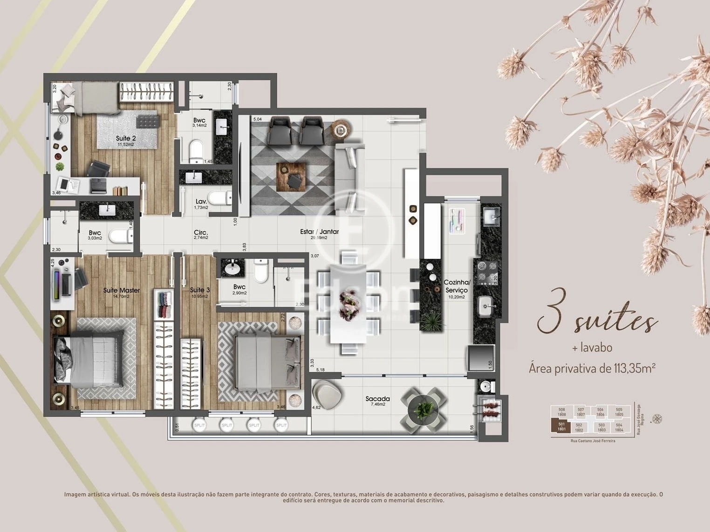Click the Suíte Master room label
pyautogui.click(x=122, y=291)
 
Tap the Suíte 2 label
pyautogui.click(x=126, y=139)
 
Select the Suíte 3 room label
pyautogui.click(x=200, y=290)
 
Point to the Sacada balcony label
pyautogui.click(x=377, y=399)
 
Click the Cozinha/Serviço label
pyautogui.click(x=457, y=286)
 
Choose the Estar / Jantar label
pyautogui.click(x=320, y=232)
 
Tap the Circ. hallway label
pyautogui.click(x=201, y=233)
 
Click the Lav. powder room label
pyautogui.click(x=201, y=202)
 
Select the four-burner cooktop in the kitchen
pyautogui.click(x=486, y=272)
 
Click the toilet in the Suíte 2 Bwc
pyautogui.click(x=197, y=150)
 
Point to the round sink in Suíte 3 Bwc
pyautogui.click(x=232, y=268)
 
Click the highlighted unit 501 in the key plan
pyautogui.click(x=561, y=426)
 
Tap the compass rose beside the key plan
pyautogui.click(x=657, y=419)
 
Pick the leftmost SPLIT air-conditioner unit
pyautogui.click(x=199, y=425)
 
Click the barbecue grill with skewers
pyautogui.click(x=489, y=410)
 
